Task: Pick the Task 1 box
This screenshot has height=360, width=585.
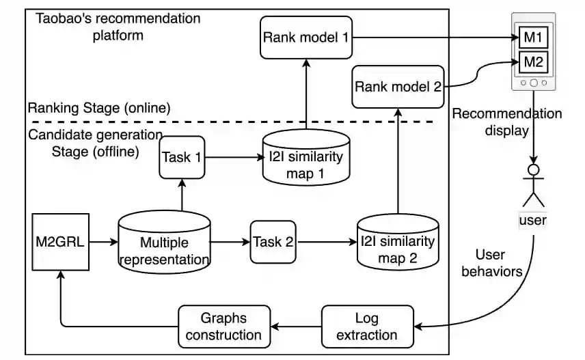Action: click(182, 157)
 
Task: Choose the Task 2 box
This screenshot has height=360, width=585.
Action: click(273, 241)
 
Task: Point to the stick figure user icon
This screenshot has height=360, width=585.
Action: click(532, 183)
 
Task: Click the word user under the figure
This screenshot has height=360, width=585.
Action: click(532, 220)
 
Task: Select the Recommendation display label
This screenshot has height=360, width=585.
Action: click(506, 122)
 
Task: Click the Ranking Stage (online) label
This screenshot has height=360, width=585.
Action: click(98, 108)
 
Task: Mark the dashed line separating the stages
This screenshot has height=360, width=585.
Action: click(273, 122)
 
